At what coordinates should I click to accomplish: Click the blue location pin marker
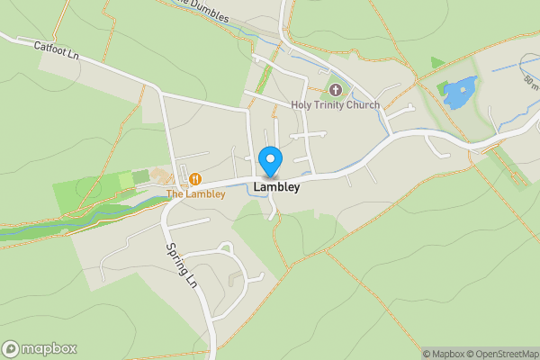[270, 161]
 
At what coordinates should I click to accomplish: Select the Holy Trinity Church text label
[335, 105]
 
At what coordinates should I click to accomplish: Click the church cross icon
[336, 90]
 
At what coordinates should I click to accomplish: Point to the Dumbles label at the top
[204, 9]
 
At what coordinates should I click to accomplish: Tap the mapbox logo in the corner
[40, 348]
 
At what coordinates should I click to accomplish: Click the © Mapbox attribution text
[446, 354]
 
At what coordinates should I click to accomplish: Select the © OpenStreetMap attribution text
[506, 354]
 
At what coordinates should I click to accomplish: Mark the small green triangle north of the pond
[436, 62]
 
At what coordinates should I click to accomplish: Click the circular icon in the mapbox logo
[11, 348]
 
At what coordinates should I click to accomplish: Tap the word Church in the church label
[363, 105]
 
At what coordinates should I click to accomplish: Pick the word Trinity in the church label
[329, 105]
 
